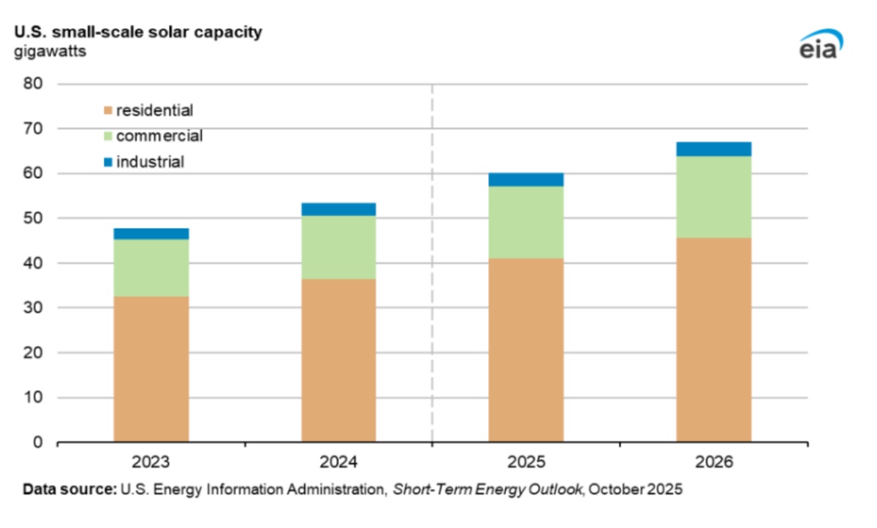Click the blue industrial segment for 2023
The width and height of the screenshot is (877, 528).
pyautogui.click(x=151, y=234)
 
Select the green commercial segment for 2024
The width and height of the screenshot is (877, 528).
pyautogui.click(x=338, y=247)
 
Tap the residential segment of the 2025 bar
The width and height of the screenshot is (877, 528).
pyautogui.click(x=526, y=350)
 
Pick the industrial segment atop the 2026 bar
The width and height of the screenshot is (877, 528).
pyautogui.click(x=713, y=149)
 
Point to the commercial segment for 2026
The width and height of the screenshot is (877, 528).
pyautogui.click(x=713, y=197)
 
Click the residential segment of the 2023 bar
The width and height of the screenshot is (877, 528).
pyautogui.click(x=151, y=369)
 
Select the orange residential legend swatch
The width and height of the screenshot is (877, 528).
pyautogui.click(x=108, y=111)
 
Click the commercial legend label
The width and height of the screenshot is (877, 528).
pyautogui.click(x=159, y=136)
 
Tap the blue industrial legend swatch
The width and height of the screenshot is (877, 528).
pyautogui.click(x=108, y=161)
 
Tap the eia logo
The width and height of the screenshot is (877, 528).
pyautogui.click(x=820, y=45)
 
